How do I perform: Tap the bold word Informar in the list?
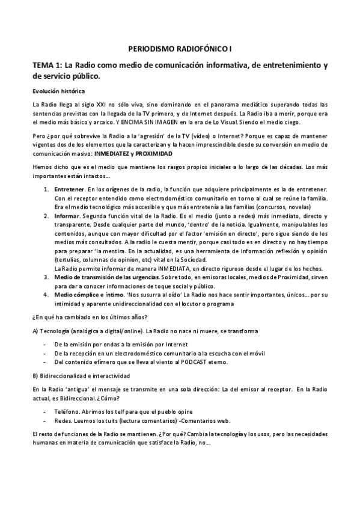tap(67, 215)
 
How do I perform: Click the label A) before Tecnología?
tap(36, 331)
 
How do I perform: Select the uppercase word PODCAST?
tap(190, 362)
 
